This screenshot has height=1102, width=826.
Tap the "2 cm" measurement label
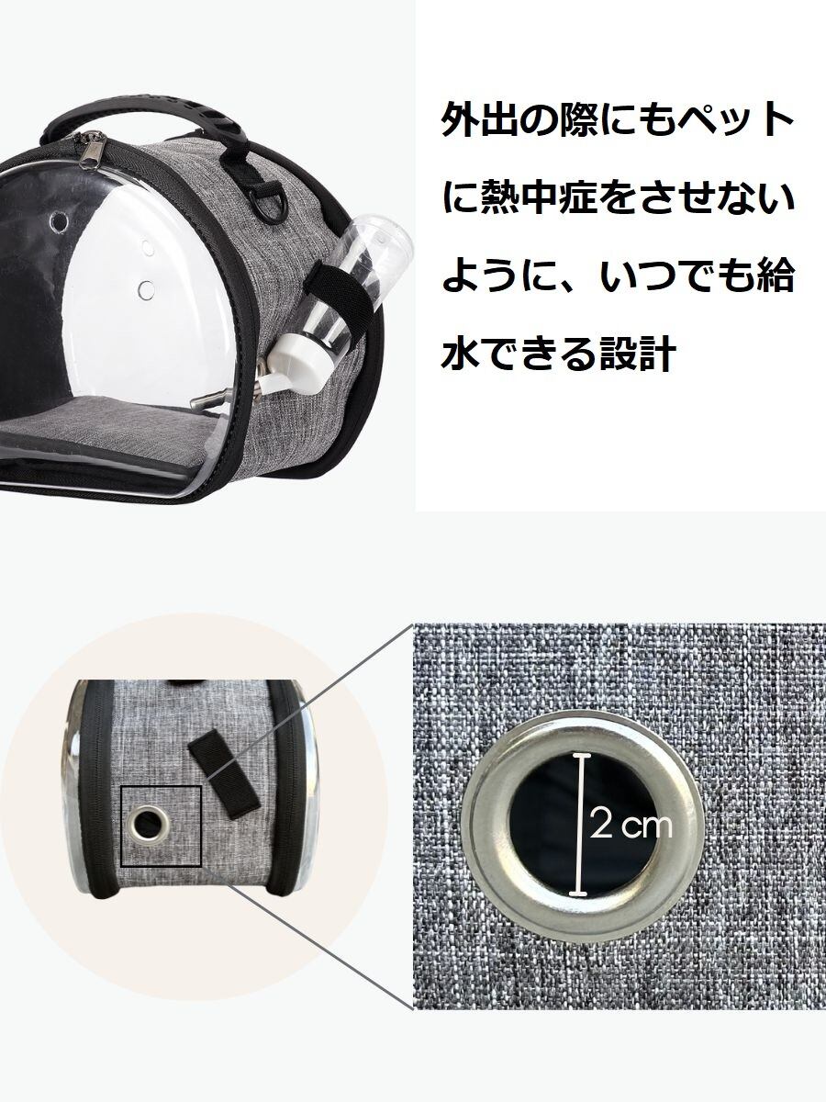click(x=632, y=825)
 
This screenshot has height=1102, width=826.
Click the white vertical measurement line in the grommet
click(x=579, y=823)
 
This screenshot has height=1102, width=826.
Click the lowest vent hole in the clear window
click(x=145, y=291)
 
